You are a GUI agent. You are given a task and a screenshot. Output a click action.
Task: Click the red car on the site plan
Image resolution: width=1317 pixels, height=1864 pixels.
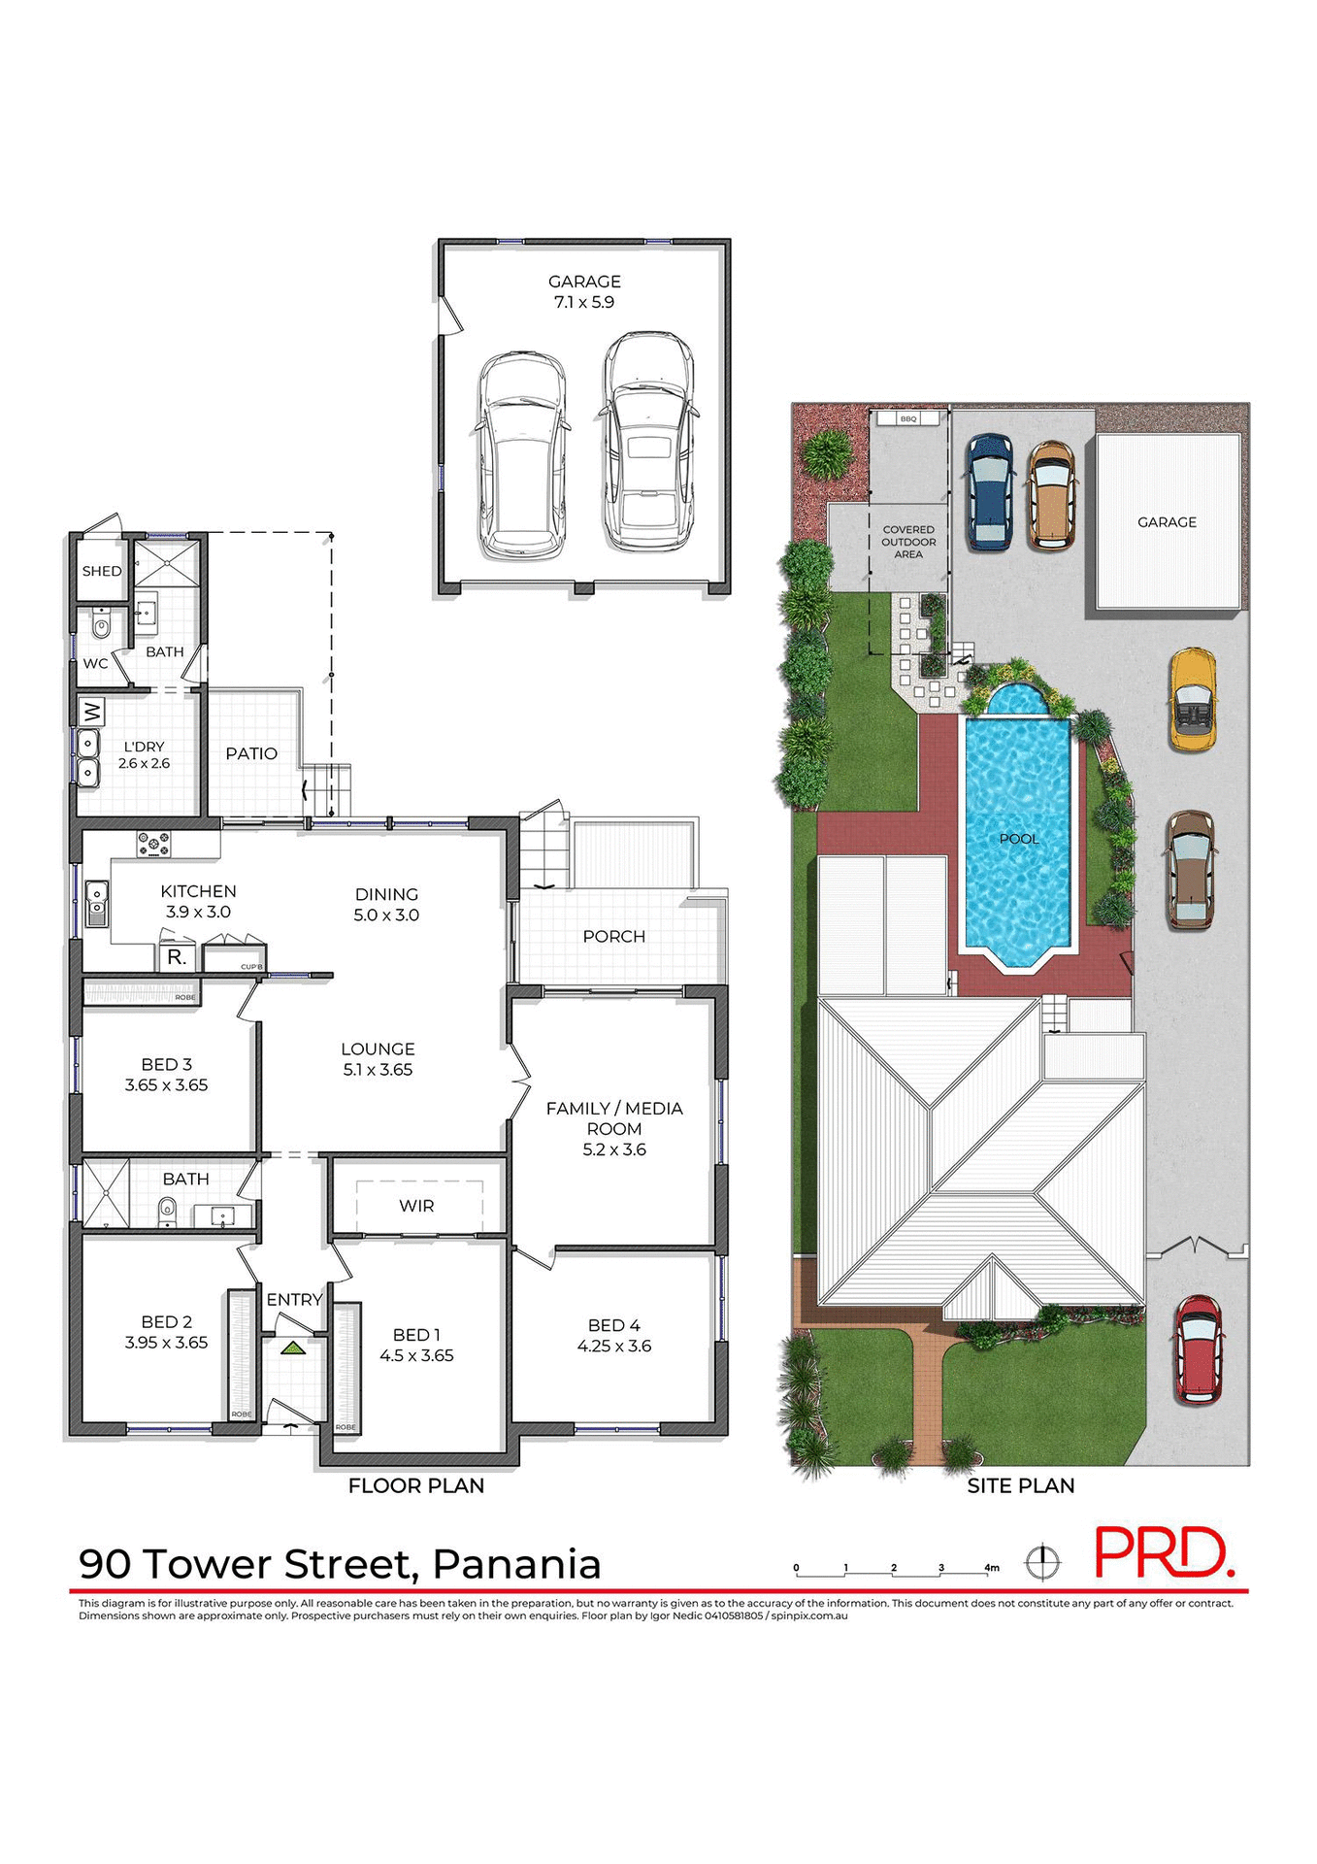coord(1199,1349)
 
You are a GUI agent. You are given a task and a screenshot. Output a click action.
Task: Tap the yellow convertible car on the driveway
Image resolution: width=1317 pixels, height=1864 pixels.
coord(1193,700)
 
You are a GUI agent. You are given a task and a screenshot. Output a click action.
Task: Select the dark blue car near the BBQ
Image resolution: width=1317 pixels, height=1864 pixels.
coord(989,491)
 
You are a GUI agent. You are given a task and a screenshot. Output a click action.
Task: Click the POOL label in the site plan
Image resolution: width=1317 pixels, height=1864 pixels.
coord(1019,839)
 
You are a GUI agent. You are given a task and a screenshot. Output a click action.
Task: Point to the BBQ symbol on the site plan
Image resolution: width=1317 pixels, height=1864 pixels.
coord(908,418)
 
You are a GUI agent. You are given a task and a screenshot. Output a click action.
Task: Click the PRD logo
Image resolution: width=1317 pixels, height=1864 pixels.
coord(1163,1553)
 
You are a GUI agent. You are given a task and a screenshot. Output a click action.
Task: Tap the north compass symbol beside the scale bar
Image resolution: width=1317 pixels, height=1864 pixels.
coord(1043,1562)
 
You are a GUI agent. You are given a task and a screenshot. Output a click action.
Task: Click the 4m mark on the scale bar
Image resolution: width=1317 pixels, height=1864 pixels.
coord(991,1567)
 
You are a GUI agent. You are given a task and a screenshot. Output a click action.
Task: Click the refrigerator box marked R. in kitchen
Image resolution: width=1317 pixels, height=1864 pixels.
coord(177,957)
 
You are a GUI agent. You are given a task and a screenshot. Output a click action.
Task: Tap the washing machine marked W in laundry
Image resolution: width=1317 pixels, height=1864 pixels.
coord(91,713)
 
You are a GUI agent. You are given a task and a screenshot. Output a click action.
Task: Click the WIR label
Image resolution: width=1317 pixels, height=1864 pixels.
coord(416,1206)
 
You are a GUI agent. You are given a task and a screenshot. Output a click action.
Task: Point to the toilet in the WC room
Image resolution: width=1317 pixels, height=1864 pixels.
coord(101,626)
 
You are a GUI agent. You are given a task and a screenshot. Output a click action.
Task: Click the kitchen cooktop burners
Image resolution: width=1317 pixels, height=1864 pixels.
coord(153,845)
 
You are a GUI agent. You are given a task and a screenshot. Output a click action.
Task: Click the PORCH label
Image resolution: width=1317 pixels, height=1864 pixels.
coord(613,936)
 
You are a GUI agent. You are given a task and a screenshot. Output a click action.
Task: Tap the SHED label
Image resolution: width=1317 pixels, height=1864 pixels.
coord(102,571)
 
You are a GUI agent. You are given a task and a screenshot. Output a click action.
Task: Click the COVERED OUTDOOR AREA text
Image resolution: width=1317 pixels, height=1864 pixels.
coord(908,542)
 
